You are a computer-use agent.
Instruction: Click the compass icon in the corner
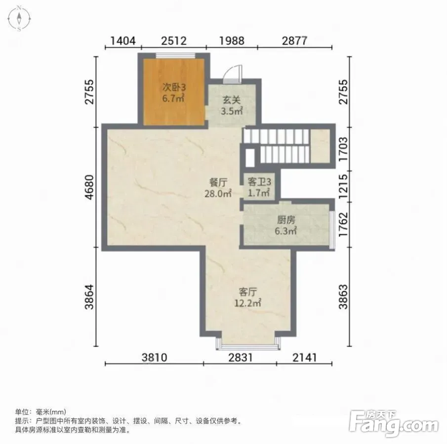point(19,19)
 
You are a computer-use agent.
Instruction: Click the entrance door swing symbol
point(233,74)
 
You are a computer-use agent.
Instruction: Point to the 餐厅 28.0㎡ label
point(218,188)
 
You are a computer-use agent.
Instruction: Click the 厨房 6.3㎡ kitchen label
point(286,225)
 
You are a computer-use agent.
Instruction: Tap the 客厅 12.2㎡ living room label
point(247,297)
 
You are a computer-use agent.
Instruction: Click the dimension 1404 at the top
point(123,41)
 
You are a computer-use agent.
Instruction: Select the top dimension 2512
point(174,41)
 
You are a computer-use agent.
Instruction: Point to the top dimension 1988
point(232,41)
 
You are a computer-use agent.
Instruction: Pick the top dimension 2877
point(295,41)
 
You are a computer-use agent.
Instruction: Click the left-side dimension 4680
point(89,187)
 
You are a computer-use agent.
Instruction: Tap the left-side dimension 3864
point(89,297)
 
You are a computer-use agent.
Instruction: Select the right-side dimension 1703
point(343,149)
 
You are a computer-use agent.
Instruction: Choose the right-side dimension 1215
point(343,186)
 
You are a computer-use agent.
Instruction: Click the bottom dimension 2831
point(241,357)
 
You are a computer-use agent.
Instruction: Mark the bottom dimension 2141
point(305,357)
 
